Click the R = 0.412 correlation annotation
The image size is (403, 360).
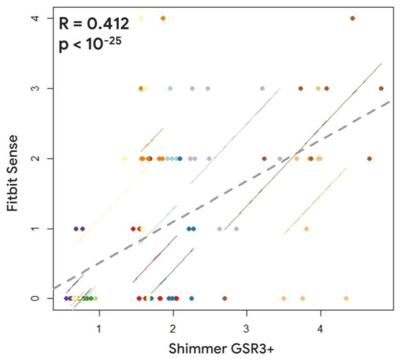pos(93,23)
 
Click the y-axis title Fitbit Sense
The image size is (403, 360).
pos(15,173)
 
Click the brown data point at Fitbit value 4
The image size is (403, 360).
pos(353,19)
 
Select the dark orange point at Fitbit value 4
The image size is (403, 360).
pos(163,19)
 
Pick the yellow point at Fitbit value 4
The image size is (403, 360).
pos(141,19)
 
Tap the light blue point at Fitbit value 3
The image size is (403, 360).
pos(170,88)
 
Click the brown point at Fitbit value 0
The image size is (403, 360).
pos(225,298)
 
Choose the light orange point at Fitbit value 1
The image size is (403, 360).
pos(306,229)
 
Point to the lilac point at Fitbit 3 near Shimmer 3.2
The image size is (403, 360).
pos(262,88)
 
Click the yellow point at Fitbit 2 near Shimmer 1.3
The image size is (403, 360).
pos(125,158)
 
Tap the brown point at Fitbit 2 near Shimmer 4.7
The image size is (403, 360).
pos(369,158)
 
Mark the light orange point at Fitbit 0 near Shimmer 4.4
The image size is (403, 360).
pos(346,298)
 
